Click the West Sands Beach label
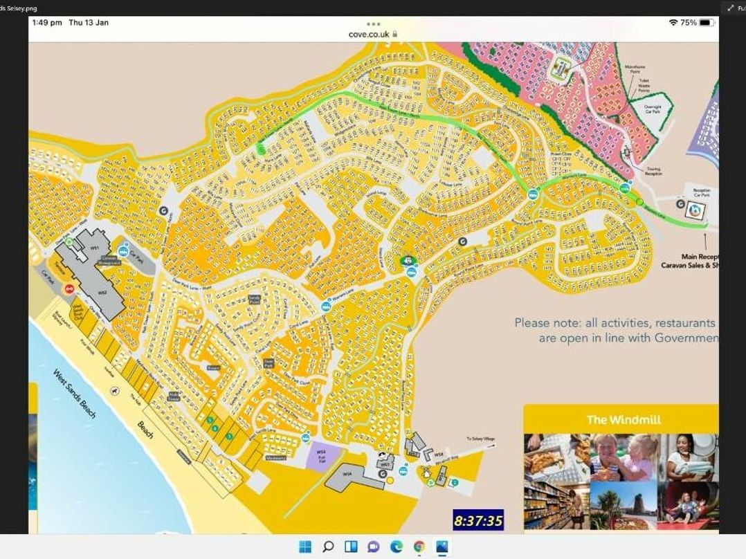pyautogui.click(x=75, y=393)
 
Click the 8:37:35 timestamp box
pyautogui.click(x=478, y=520)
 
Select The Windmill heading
pyautogui.click(x=623, y=419)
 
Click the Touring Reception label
pyautogui.click(x=653, y=171)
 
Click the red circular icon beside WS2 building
pyautogui.click(x=69, y=289)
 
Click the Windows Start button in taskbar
pyautogui.click(x=305, y=547)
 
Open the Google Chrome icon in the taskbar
pyautogui.click(x=419, y=547)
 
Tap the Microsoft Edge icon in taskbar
pyautogui.click(x=396, y=547)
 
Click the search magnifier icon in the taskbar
pyautogui.click(x=328, y=547)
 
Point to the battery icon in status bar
pyautogui.click(x=705, y=23)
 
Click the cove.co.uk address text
pyautogui.click(x=370, y=33)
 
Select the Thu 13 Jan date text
pyautogui.click(x=89, y=23)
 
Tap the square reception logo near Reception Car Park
pyautogui.click(x=691, y=211)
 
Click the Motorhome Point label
pyautogui.click(x=635, y=69)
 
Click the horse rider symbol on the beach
pyautogui.click(x=113, y=391)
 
